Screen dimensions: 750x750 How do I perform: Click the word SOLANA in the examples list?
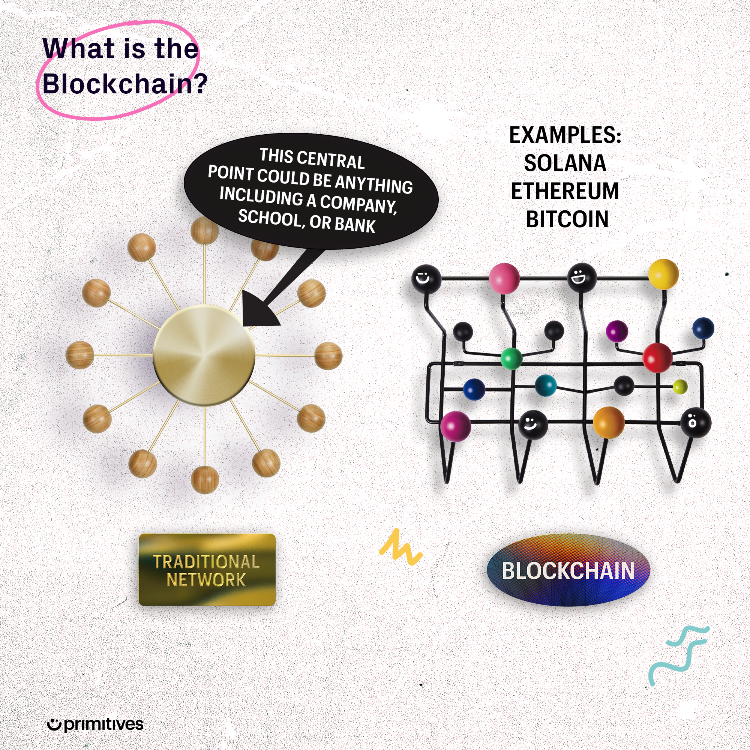(565, 163)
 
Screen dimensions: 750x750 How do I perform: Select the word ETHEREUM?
(565, 191)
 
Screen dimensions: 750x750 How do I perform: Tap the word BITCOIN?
(567, 219)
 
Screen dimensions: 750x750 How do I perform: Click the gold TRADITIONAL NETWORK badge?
(207, 570)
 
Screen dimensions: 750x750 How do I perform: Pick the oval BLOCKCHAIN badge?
(568, 570)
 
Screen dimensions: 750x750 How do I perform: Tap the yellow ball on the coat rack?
(663, 274)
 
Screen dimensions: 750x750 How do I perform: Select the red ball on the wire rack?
(657, 357)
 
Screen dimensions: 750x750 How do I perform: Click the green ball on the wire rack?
(511, 359)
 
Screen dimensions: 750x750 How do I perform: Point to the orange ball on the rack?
(608, 422)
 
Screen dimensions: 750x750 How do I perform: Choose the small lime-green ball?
(680, 387)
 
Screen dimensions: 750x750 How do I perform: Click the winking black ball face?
(426, 278)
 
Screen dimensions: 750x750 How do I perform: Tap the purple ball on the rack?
(617, 331)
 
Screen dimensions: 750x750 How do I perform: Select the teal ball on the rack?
(545, 385)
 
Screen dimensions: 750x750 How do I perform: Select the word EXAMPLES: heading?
(565, 135)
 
